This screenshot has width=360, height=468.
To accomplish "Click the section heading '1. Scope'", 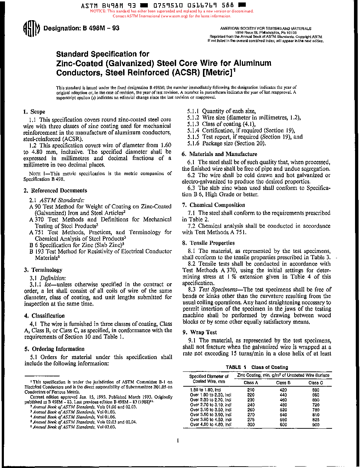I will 34,112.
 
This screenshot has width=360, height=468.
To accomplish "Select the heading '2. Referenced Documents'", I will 56,191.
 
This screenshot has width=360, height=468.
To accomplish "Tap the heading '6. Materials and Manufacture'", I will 219,154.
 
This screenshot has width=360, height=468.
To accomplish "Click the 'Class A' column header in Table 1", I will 251,383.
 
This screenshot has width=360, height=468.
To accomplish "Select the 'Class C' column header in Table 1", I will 315,383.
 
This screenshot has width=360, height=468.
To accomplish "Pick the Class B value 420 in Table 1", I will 283,390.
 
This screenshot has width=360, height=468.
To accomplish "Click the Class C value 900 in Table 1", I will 315,424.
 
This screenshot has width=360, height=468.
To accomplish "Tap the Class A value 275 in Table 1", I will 251,420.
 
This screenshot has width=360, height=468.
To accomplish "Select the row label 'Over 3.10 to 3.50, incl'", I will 210,410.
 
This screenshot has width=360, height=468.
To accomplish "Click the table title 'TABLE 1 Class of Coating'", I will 257,367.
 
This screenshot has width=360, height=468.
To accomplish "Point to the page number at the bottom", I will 178,441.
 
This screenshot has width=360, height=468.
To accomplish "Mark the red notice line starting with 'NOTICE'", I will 172,11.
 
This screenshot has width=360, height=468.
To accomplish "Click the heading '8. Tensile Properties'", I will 208,243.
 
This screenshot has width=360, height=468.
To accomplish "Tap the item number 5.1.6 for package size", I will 193,144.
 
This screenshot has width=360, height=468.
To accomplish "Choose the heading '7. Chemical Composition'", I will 214,205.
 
